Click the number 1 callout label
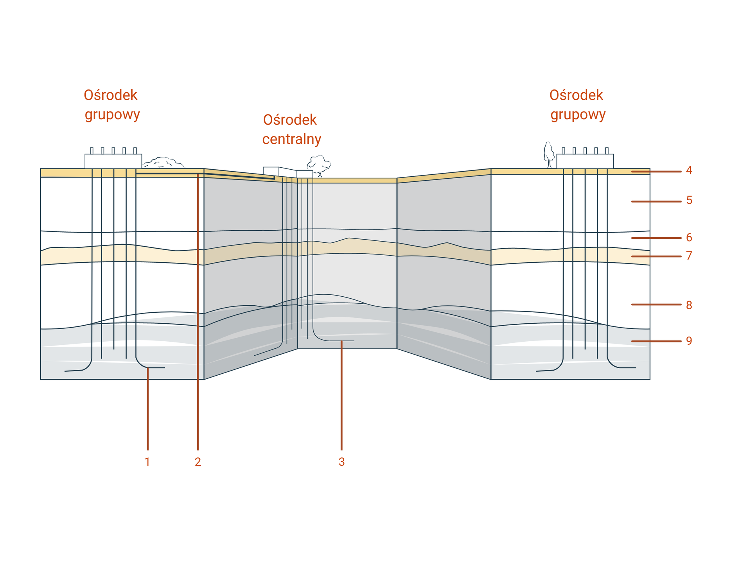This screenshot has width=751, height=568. tap(147, 462)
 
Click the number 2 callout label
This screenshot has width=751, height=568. tap(198, 462)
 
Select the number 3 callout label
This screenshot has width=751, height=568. tap(341, 462)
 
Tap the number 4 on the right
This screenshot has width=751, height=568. tap(689, 170)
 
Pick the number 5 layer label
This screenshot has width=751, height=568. tap(689, 201)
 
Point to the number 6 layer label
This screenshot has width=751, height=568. tap(689, 237)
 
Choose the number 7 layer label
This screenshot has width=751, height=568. tap(689, 256)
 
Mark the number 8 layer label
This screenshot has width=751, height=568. tap(689, 305)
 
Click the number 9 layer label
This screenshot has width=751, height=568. tap(689, 341)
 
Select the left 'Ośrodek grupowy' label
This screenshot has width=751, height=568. tap(111, 105)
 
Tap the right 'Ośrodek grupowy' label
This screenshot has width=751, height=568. tap(577, 105)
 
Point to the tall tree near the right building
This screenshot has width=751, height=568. tap(549, 154)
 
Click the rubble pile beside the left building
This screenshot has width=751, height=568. tap(163, 163)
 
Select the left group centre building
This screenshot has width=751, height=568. tap(113, 160)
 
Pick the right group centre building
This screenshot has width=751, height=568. tap(585, 160)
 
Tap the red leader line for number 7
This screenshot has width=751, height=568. tap(656, 256)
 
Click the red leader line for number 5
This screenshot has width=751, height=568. tap(656, 201)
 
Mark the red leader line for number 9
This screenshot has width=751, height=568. tap(656, 341)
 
